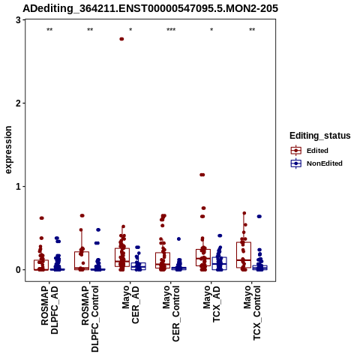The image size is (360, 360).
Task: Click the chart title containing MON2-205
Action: [150, 8]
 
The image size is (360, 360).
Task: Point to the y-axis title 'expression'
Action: [8, 150]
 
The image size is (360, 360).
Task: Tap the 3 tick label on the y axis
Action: [18, 20]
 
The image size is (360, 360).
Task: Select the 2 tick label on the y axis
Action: [18, 103]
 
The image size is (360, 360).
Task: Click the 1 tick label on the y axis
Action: [18, 187]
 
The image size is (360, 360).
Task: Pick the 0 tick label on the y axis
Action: [18, 270]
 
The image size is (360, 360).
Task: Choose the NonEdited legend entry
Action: [316, 163]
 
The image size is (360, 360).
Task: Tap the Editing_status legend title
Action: [320, 136]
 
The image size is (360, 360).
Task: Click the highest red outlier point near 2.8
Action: [121, 39]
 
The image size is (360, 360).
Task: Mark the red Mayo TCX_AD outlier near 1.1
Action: [202, 175]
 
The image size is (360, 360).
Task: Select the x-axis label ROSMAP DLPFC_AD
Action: [49, 310]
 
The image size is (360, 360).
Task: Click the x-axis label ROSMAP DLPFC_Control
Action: [90, 319]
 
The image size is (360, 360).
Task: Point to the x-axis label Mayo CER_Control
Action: [171, 313]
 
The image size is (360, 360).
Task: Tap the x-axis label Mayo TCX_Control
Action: [252, 313]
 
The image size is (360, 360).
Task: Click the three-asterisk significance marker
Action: [171, 30]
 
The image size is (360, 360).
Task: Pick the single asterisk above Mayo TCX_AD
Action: [211, 30]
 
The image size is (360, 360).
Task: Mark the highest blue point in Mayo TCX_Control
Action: [259, 217]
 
